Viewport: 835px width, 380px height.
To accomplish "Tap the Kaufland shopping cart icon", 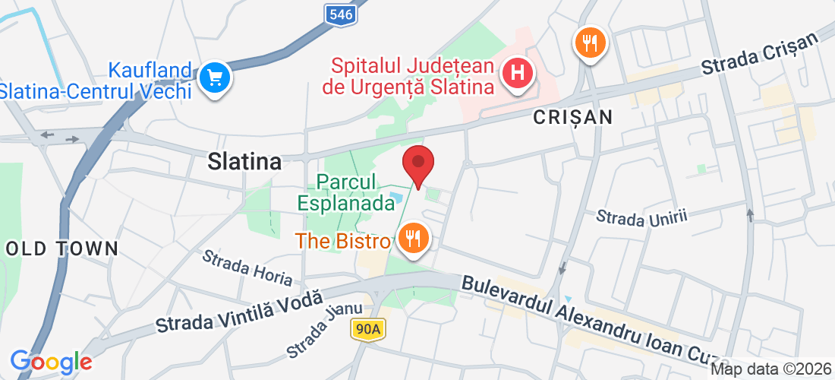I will pos(214,78).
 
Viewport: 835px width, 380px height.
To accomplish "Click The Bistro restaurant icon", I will pos(412,239).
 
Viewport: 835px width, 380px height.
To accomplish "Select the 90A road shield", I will pos(369,328).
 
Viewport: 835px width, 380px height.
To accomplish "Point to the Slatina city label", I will pos(244,161).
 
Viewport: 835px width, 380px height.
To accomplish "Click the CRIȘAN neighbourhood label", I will pos(572,116).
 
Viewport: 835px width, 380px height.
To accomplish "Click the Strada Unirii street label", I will pos(641,216).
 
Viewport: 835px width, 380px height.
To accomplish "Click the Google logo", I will pos(51,362).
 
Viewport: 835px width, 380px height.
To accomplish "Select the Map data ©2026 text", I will pos(770,369).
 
